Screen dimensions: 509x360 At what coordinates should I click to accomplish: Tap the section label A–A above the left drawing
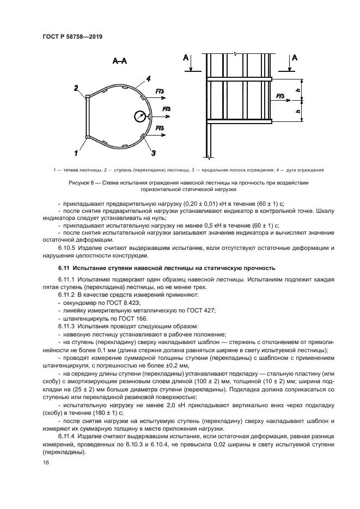pos(120,62)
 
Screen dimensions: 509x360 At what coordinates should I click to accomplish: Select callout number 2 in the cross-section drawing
pos(77,88)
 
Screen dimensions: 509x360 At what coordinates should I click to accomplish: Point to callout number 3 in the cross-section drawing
pos(154,152)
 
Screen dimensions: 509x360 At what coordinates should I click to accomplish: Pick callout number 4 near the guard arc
pos(148,79)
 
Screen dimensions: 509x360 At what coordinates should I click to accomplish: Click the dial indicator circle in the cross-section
pos(139,115)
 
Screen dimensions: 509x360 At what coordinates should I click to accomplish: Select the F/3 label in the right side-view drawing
pos(280,96)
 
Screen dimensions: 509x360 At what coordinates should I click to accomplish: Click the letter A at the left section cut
pos(187,58)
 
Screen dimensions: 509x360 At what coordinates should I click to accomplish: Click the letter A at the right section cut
pos(295,58)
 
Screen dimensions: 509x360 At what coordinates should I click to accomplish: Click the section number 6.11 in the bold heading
pos(64,268)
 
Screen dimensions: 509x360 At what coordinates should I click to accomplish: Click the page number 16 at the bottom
pos(46,462)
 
